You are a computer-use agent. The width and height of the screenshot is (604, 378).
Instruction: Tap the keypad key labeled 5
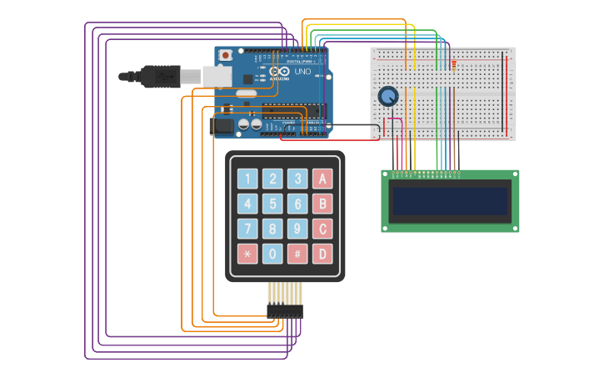coord(272,204)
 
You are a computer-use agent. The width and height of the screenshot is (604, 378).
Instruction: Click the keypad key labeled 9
coord(297,229)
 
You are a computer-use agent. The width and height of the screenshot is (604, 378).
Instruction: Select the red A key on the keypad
coord(322,179)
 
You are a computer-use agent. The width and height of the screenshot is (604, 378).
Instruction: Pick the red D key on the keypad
coord(322,254)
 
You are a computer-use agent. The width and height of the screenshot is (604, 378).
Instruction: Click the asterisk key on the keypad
coord(247,254)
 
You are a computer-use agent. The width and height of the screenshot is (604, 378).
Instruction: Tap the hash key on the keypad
coord(297,254)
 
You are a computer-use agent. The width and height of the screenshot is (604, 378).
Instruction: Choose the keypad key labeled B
coord(322,204)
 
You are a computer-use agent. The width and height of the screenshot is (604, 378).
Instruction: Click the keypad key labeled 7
coord(247,229)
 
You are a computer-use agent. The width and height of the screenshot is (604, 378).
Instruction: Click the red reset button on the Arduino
coord(225,55)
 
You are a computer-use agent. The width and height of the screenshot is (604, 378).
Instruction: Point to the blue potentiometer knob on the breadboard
coord(388,97)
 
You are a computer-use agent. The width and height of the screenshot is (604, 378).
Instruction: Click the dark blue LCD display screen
coord(450,201)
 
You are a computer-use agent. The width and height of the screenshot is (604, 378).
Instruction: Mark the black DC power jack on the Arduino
coord(223,125)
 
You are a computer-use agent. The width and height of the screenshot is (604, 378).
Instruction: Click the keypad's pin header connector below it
coord(285,310)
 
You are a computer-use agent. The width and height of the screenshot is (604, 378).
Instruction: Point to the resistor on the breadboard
coord(453,64)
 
